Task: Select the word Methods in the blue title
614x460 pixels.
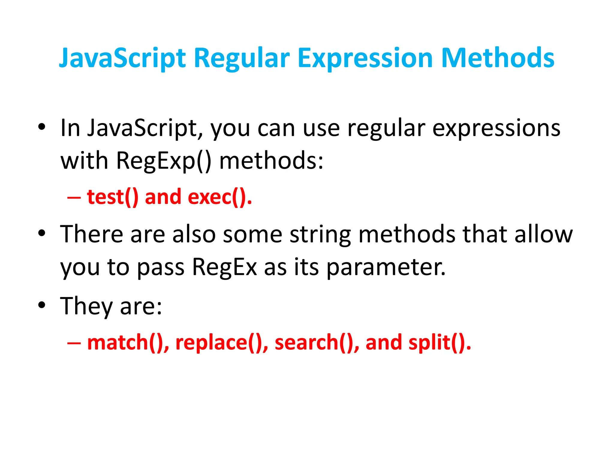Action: (x=498, y=58)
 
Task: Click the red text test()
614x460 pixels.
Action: (x=113, y=197)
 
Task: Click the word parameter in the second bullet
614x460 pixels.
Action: (x=386, y=267)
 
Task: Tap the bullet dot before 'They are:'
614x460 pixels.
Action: (x=42, y=305)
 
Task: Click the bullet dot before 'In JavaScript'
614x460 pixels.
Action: (x=42, y=127)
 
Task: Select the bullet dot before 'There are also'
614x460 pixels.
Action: (x=42, y=233)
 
